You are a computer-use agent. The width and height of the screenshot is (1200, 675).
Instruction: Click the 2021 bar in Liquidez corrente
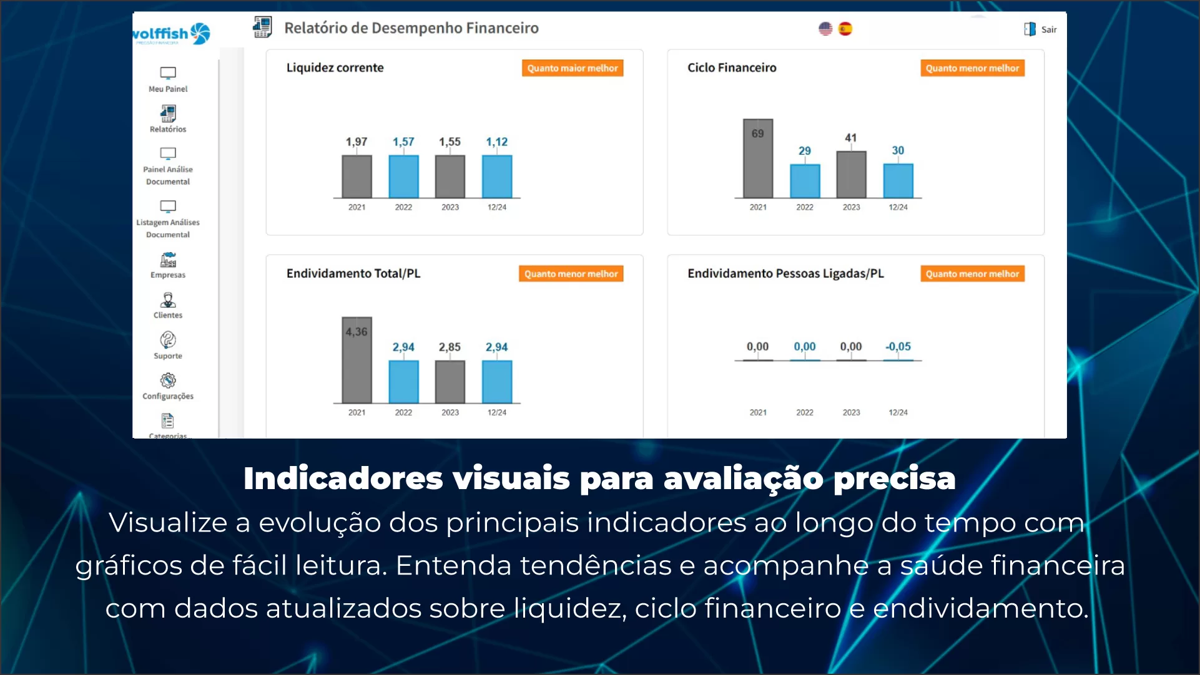point(357,177)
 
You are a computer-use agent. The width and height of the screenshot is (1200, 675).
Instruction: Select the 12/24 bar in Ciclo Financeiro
point(898,181)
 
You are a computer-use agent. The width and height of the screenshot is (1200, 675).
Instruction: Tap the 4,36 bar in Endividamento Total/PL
point(357,360)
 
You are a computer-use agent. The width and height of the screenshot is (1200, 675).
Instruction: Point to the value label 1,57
point(403,142)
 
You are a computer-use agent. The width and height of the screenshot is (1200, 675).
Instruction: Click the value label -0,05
point(898,346)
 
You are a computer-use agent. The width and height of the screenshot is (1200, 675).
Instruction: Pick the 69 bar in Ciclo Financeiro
point(757,158)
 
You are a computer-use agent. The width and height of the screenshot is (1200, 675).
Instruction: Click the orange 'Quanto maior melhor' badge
point(572,68)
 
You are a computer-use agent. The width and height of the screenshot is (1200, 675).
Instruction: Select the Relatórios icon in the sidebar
point(168,114)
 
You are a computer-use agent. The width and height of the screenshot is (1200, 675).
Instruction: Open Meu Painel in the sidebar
point(168,79)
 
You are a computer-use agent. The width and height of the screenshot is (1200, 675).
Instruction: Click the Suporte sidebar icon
point(168,340)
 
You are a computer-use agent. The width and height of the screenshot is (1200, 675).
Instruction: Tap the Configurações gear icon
point(168,381)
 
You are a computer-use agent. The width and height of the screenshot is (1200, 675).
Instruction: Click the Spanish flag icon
point(845,29)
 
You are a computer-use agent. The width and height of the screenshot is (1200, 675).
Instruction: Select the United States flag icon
point(825,29)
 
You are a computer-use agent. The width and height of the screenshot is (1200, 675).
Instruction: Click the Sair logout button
point(1041,29)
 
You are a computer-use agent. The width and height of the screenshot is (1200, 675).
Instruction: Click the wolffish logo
point(171,34)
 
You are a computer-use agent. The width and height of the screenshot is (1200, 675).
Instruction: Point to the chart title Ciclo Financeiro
point(732,67)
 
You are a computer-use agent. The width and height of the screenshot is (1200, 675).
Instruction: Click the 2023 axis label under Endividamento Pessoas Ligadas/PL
point(851,412)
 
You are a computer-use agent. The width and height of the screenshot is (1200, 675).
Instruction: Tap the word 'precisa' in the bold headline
point(894,479)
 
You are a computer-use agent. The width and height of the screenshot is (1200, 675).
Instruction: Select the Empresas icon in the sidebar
point(168,260)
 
